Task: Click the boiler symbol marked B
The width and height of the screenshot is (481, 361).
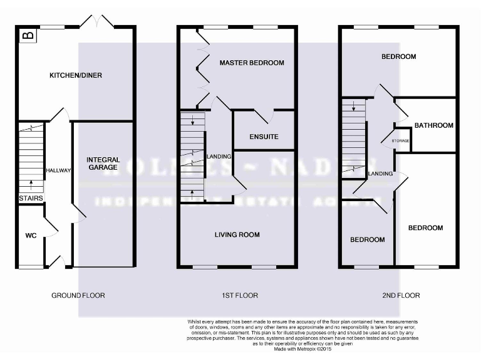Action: click(x=28, y=35)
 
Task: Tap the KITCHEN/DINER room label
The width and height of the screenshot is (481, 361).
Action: click(x=76, y=76)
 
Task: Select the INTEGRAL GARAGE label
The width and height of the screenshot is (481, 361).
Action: click(x=103, y=164)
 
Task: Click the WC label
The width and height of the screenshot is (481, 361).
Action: click(x=31, y=236)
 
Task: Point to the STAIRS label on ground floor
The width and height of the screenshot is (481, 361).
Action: click(x=30, y=199)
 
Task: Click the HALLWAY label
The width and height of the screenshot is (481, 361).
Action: click(x=59, y=170)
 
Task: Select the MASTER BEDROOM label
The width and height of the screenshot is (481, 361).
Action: click(x=251, y=63)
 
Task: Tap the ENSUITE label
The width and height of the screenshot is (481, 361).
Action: click(x=264, y=137)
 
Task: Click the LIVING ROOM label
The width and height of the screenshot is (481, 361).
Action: click(x=237, y=235)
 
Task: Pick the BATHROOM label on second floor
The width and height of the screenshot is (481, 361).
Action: click(x=433, y=125)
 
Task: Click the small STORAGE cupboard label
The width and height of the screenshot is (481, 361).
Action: click(x=401, y=141)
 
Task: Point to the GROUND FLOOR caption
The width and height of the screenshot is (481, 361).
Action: click(x=79, y=295)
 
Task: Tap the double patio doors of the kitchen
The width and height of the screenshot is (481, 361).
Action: click(x=97, y=20)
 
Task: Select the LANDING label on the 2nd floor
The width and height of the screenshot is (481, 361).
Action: click(x=380, y=174)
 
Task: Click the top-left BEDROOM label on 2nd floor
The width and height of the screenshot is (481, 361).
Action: click(x=398, y=57)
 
